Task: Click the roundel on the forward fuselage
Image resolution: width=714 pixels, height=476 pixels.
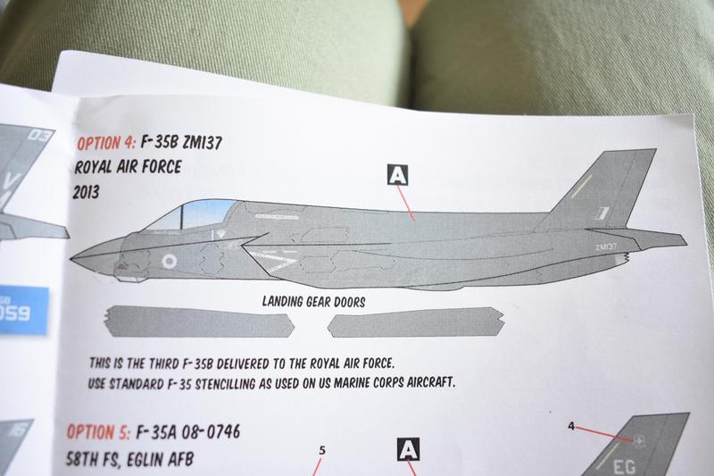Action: pyautogui.click(x=170, y=261)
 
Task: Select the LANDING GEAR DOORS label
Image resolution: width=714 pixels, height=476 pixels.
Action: pyautogui.click(x=313, y=302)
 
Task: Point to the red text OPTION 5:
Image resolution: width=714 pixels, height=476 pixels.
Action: pyautogui.click(x=98, y=434)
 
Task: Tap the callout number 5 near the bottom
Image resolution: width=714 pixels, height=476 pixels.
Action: pyautogui.click(x=321, y=451)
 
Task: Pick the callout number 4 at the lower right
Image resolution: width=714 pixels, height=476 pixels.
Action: pyautogui.click(x=570, y=426)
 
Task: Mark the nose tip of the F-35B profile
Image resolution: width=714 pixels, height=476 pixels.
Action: pyautogui.click(x=72, y=256)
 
